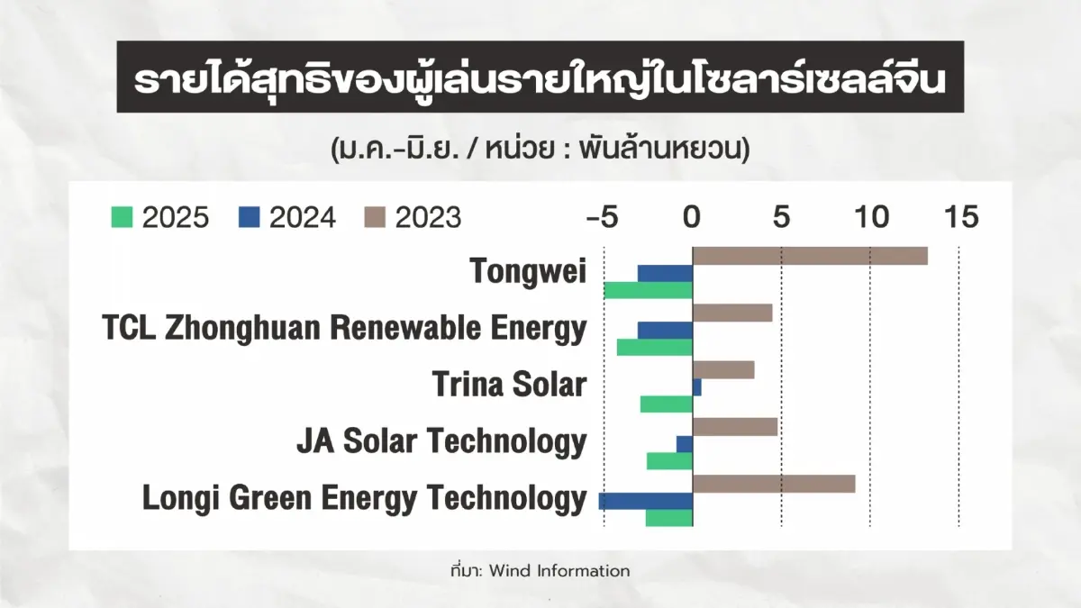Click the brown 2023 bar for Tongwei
click(x=810, y=256)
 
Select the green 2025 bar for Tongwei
click(x=648, y=290)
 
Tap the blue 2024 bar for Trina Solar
click(x=697, y=387)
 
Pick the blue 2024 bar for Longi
click(x=646, y=501)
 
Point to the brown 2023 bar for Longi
click(x=774, y=484)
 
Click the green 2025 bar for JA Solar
click(x=669, y=461)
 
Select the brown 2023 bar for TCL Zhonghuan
click(x=732, y=313)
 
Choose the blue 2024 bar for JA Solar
click(x=685, y=444)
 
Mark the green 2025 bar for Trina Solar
click(x=667, y=404)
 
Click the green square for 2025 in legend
click(x=122, y=217)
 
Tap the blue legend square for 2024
click(x=249, y=217)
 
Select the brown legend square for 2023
click(x=375, y=217)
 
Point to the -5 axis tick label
click(x=602, y=217)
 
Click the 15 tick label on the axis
click(x=961, y=217)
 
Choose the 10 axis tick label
click(x=872, y=217)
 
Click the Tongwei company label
click(x=528, y=272)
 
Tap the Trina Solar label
click(x=510, y=385)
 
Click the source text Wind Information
click(x=559, y=571)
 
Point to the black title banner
click(x=540, y=77)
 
